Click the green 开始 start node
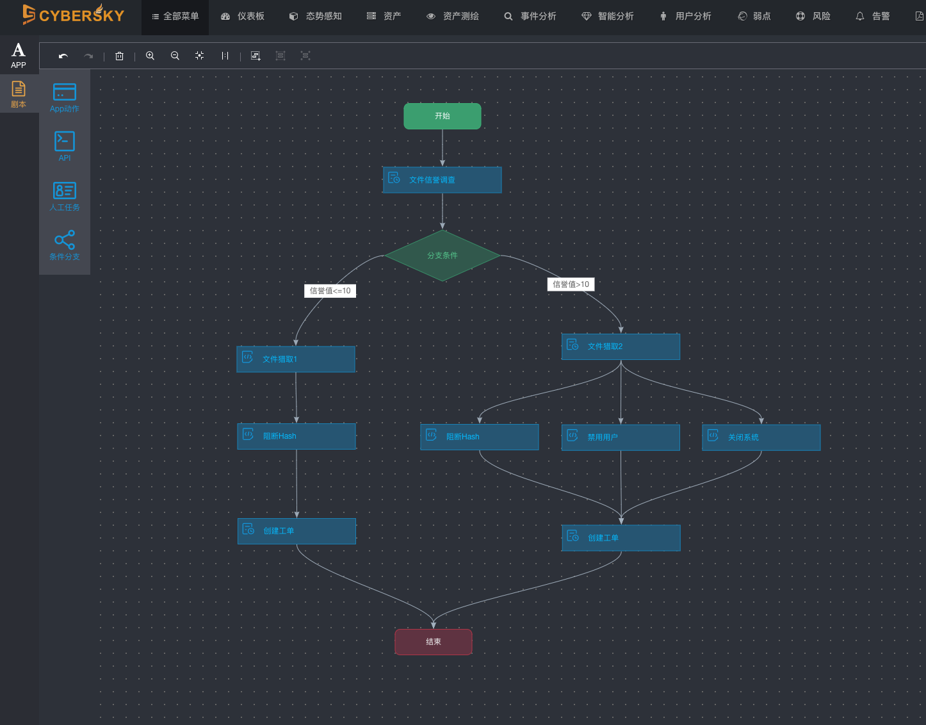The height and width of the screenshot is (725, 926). click(x=442, y=116)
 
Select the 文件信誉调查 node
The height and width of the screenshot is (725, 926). click(x=442, y=180)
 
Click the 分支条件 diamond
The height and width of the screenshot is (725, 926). click(x=442, y=256)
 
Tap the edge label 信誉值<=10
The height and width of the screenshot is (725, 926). click(x=330, y=291)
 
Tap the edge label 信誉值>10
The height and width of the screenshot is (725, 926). click(x=571, y=284)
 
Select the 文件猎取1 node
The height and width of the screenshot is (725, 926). click(x=296, y=359)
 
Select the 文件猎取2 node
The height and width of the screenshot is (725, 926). click(x=621, y=346)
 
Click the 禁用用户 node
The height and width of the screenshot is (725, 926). click(x=621, y=437)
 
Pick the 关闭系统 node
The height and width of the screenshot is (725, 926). click(x=761, y=437)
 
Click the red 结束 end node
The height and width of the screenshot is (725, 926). click(x=434, y=642)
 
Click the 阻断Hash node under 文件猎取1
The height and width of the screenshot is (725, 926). click(x=296, y=436)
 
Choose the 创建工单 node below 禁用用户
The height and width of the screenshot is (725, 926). click(x=621, y=538)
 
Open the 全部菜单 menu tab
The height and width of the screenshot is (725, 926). click(x=175, y=17)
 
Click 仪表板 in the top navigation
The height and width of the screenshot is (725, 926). click(x=243, y=17)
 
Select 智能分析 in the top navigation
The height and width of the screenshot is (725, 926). click(x=608, y=17)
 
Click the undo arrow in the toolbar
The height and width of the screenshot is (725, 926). click(x=63, y=56)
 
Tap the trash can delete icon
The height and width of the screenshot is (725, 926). click(x=119, y=56)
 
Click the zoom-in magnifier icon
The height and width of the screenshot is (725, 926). click(x=150, y=56)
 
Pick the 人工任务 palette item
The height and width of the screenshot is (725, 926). click(x=65, y=196)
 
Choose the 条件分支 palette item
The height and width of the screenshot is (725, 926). click(x=65, y=245)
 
